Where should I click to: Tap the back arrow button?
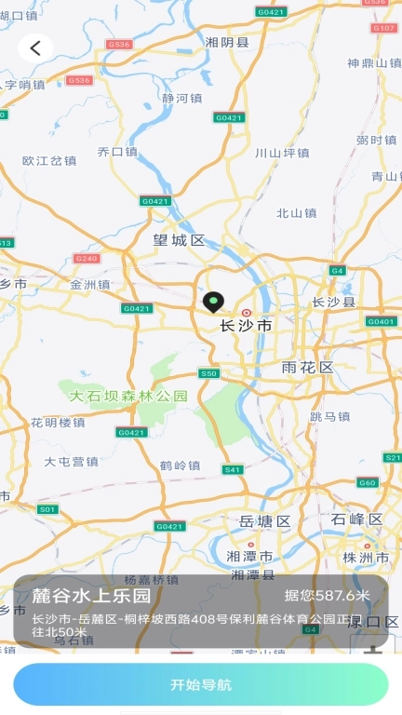(35, 48)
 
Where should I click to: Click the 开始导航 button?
(201, 685)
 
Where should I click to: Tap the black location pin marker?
(214, 303)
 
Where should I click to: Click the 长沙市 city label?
(246, 326)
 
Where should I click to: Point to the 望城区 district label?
(179, 240)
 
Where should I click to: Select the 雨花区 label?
(307, 368)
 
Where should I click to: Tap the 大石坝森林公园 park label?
(128, 396)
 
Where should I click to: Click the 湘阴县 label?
(228, 42)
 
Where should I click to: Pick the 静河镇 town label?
(181, 98)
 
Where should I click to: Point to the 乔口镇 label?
(117, 151)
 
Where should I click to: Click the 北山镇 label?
(297, 212)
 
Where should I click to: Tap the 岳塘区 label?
(265, 520)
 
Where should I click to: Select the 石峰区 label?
(356, 519)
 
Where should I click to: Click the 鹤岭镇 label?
(180, 465)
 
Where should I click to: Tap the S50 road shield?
(209, 373)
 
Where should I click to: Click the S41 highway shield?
(233, 469)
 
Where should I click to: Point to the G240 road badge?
(86, 258)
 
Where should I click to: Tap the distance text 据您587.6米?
(327, 596)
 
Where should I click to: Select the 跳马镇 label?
(329, 416)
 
